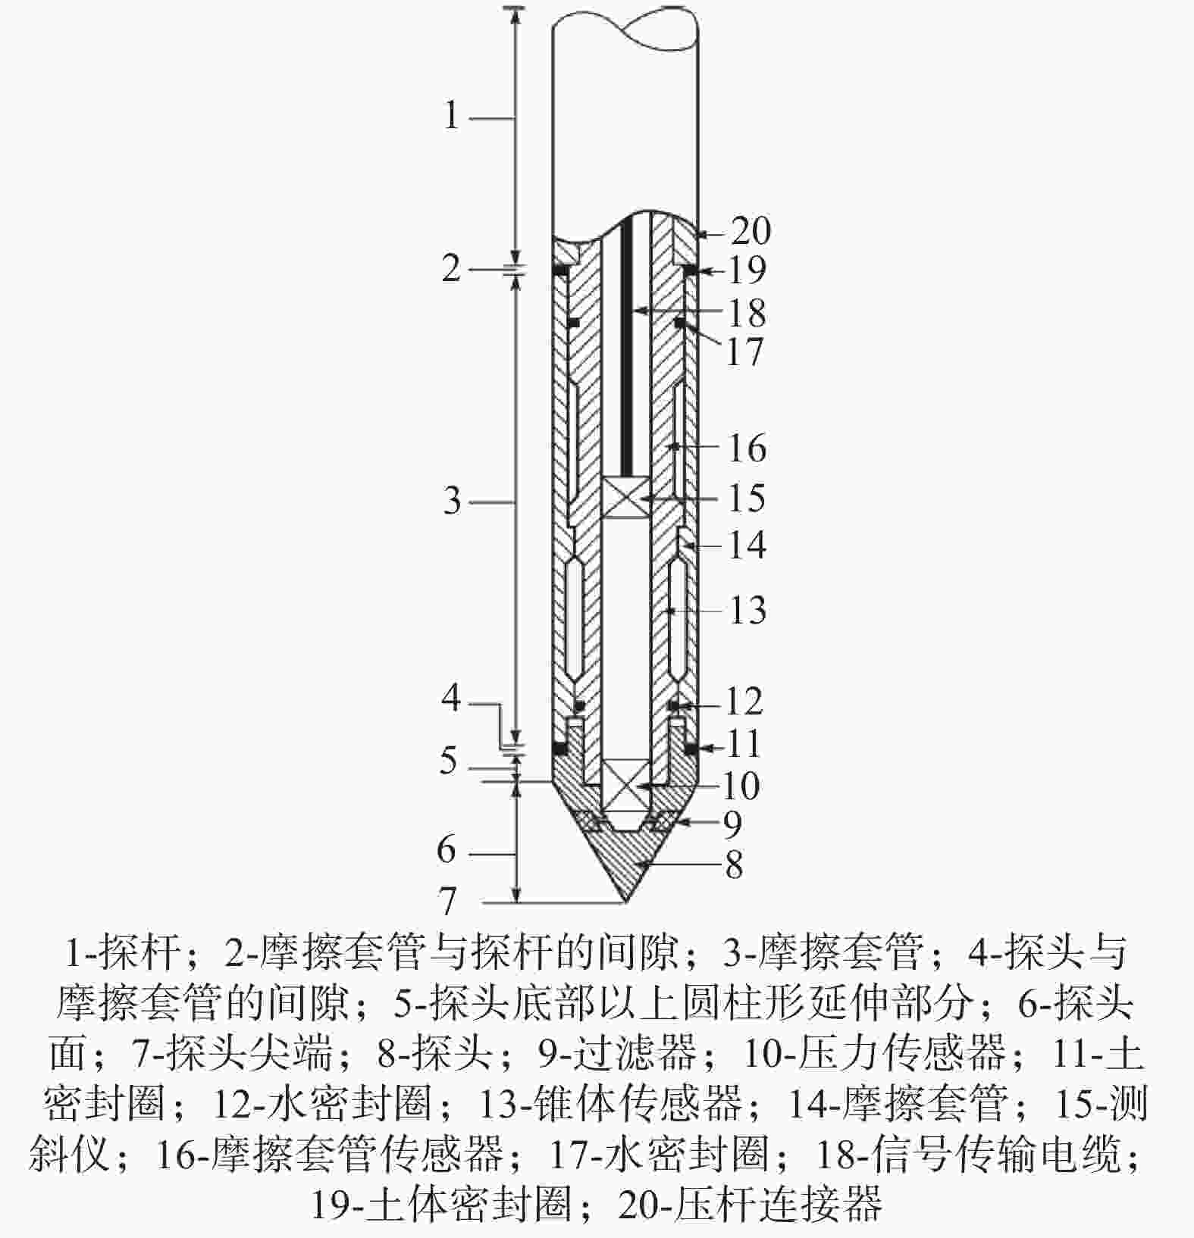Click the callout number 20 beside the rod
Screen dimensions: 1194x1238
tap(751, 231)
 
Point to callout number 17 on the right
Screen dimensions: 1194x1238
tap(745, 352)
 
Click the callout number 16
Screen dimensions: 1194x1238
tap(746, 448)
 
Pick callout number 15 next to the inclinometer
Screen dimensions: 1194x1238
tap(746, 498)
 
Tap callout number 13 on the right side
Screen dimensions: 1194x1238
tap(747, 610)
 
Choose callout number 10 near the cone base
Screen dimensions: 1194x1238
tap(741, 786)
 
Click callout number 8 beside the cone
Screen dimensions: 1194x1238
tap(733, 864)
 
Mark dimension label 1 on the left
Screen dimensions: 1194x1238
tap(452, 116)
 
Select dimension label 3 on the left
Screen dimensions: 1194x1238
tap(452, 501)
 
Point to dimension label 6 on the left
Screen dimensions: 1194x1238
tap(447, 850)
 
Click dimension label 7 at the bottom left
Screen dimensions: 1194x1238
tap(449, 901)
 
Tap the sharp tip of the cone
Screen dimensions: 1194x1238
tap(625, 902)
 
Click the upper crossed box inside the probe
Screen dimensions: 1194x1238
tap(626, 498)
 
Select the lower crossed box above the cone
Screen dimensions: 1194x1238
tap(625, 784)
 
